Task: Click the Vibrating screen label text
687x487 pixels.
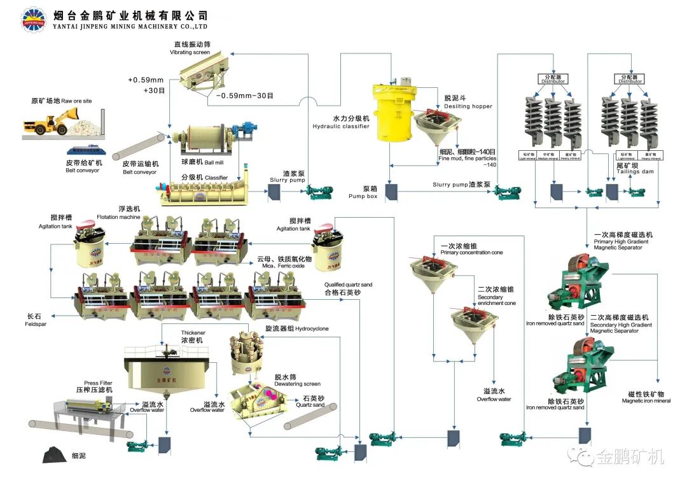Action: click(190, 52)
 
